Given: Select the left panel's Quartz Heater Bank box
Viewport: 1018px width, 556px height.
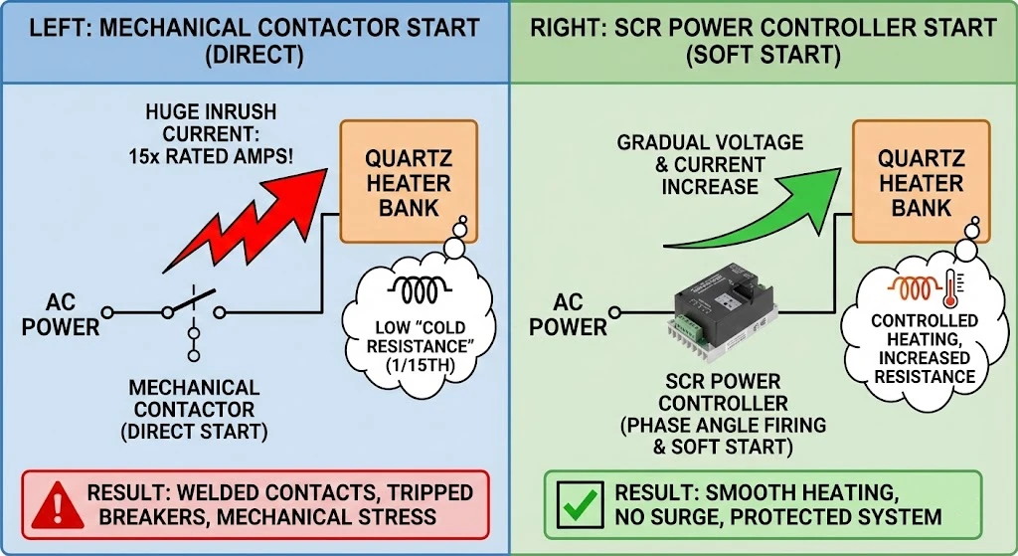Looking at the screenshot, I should pyautogui.click(x=409, y=183).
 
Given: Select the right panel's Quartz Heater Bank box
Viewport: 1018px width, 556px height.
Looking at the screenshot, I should pyautogui.click(x=921, y=183).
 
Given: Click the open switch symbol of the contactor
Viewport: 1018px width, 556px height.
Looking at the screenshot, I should pyautogui.click(x=195, y=303).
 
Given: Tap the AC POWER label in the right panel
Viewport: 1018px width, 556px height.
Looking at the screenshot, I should pyautogui.click(x=568, y=314).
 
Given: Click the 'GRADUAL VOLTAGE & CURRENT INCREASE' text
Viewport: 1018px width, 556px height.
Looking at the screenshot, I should pyautogui.click(x=709, y=164).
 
